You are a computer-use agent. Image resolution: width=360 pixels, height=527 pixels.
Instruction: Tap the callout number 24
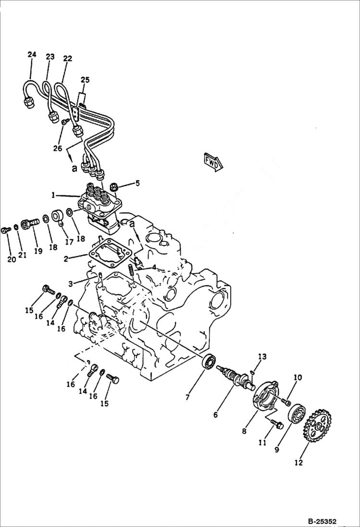point(32,55)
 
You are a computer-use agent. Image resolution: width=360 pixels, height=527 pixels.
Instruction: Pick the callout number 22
point(67,59)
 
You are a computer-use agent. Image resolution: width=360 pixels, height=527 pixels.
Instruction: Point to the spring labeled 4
point(131,273)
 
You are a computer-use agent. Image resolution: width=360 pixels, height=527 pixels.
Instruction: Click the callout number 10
point(298,378)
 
